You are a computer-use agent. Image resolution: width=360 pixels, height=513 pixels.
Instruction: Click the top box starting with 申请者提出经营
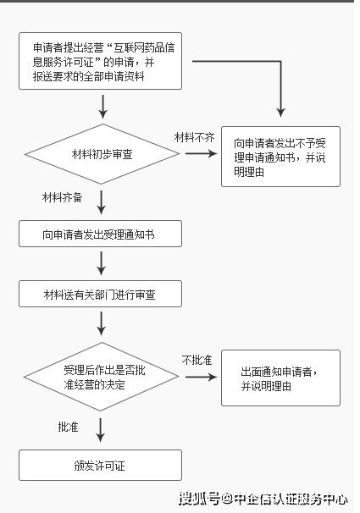point(100,60)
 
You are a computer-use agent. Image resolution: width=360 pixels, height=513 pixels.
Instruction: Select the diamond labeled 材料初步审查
point(101,154)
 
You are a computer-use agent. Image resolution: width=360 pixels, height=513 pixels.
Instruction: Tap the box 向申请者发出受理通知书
point(100,234)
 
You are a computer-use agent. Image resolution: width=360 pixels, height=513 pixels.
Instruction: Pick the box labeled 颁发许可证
point(100,465)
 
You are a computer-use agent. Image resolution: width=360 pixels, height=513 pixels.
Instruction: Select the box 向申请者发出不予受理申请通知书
point(280,157)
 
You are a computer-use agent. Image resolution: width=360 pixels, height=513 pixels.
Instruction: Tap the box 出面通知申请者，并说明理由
point(280,378)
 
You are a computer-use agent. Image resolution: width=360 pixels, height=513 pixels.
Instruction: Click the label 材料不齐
point(194,136)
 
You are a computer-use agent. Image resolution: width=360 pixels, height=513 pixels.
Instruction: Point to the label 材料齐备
point(63,196)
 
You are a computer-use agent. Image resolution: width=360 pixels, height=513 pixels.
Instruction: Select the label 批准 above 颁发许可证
point(68,425)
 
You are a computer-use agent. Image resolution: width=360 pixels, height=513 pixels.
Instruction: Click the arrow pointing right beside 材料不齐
point(201,154)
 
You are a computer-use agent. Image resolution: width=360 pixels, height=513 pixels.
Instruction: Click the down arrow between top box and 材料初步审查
point(102,106)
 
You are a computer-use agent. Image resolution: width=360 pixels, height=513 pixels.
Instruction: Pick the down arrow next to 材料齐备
point(102,202)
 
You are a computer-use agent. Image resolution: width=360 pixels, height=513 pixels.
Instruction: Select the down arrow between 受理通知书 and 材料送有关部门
point(102,263)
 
